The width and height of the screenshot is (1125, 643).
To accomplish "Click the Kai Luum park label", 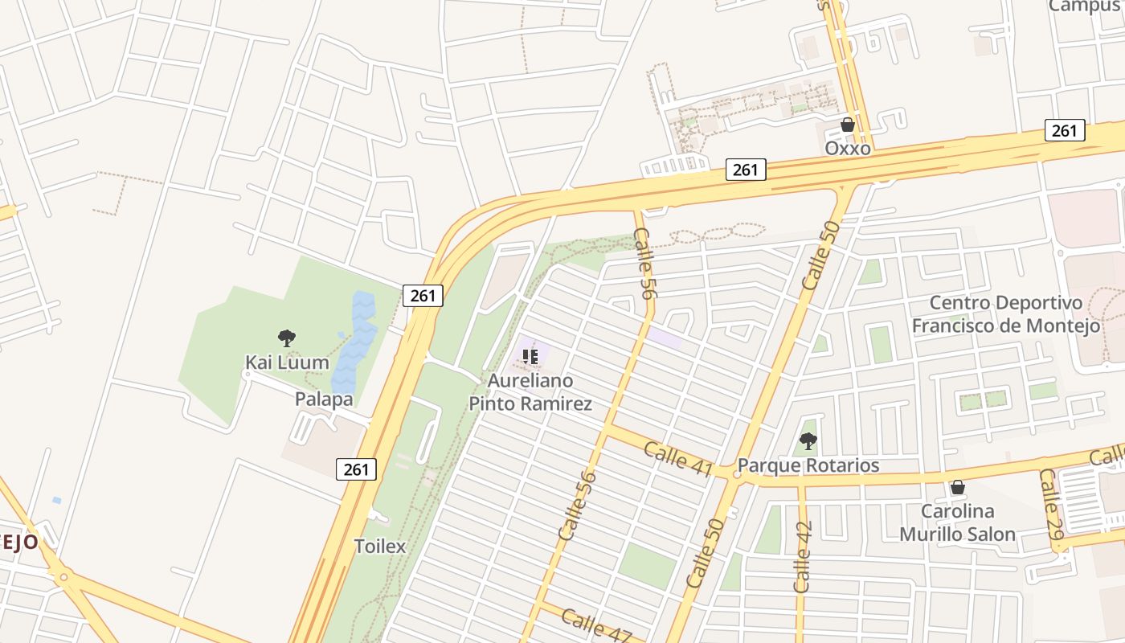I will click(287, 362).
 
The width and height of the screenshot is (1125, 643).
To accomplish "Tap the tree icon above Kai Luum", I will click(287, 338).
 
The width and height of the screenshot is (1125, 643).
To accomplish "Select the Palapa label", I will click(324, 399).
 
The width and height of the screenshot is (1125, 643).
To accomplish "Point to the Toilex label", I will click(380, 547).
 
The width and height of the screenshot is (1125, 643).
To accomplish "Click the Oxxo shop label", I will click(848, 148).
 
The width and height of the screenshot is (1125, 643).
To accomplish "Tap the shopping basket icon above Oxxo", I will click(847, 125).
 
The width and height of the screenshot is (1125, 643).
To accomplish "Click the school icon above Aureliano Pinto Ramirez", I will click(530, 356).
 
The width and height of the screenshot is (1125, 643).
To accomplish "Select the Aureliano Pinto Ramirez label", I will click(530, 391).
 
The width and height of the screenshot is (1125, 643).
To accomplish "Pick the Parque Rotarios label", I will click(808, 465).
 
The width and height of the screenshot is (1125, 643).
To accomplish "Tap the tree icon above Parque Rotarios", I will click(808, 440).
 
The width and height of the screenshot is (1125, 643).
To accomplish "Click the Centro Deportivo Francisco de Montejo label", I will click(1005, 314).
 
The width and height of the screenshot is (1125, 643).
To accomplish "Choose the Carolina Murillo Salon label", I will click(957, 522).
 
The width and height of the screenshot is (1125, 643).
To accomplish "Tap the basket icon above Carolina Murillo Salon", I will click(957, 487).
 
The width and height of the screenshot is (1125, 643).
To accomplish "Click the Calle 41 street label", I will click(678, 459).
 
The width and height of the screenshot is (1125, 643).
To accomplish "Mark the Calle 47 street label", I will click(596, 625).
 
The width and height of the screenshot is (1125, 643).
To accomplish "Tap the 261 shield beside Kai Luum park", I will click(423, 296).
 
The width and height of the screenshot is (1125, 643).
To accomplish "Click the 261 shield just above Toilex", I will click(356, 469).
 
